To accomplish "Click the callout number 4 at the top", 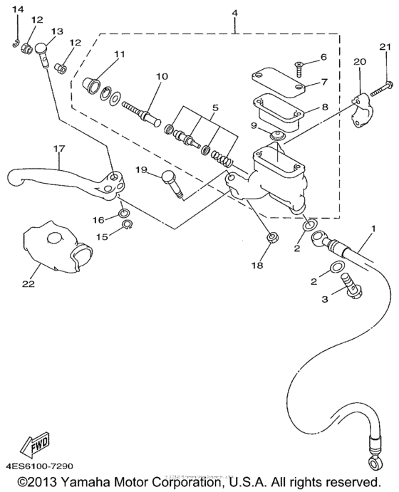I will pyautogui.click(x=234, y=12).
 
